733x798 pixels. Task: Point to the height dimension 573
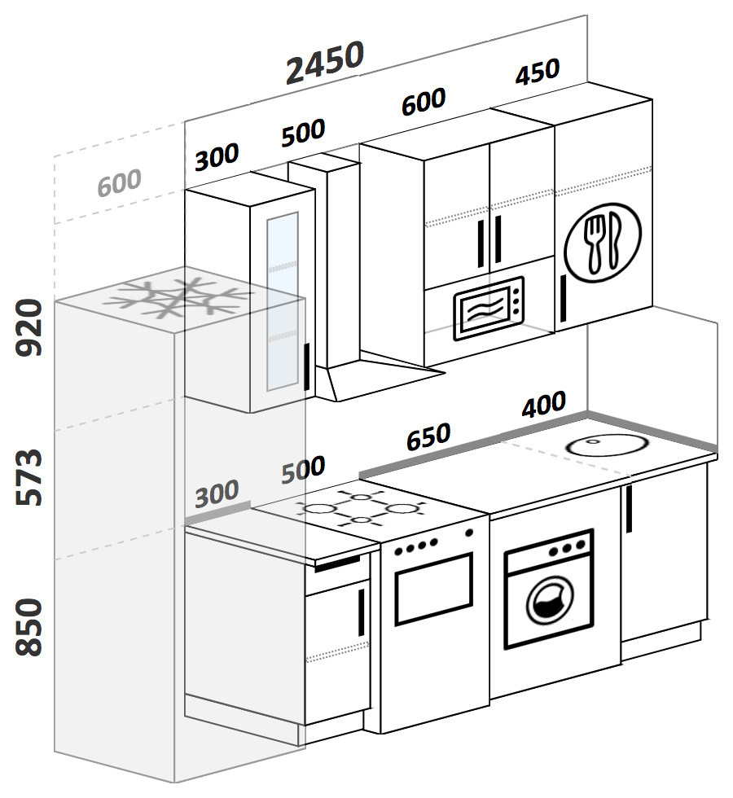(x=30, y=476)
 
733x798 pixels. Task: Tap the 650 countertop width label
(x=428, y=437)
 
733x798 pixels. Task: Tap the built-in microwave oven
(x=488, y=309)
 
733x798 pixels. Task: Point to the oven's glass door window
(x=433, y=588)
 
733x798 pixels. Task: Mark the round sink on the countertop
(x=605, y=445)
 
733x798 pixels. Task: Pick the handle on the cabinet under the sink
(x=629, y=509)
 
